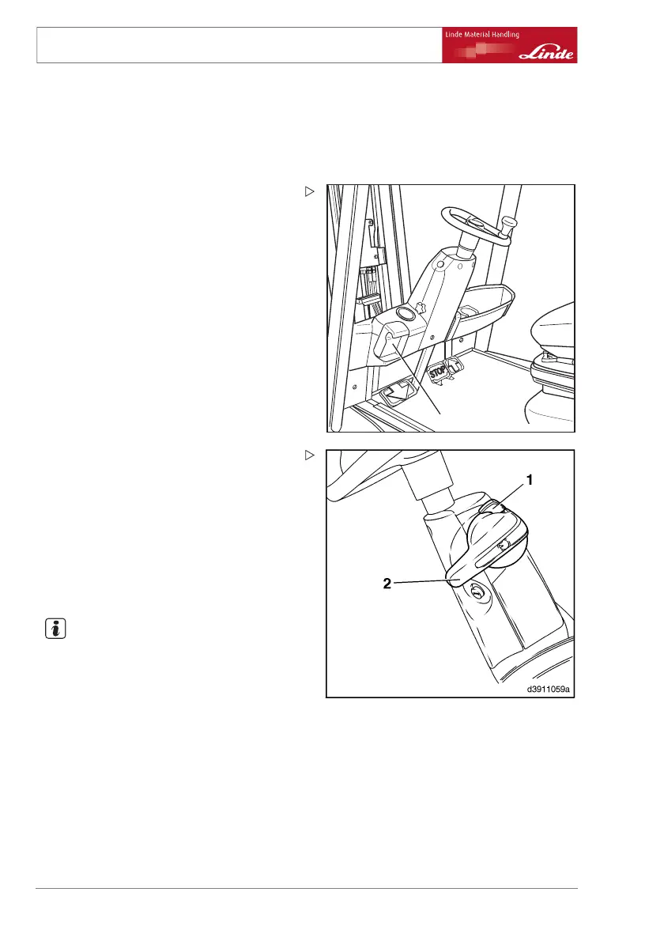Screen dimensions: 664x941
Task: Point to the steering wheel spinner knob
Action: (508, 225)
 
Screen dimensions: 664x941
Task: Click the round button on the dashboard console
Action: (406, 315)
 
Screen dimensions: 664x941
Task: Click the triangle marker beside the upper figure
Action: (310, 191)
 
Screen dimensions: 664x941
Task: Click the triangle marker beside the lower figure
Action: (310, 455)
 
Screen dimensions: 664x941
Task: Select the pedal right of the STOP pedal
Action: (454, 365)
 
